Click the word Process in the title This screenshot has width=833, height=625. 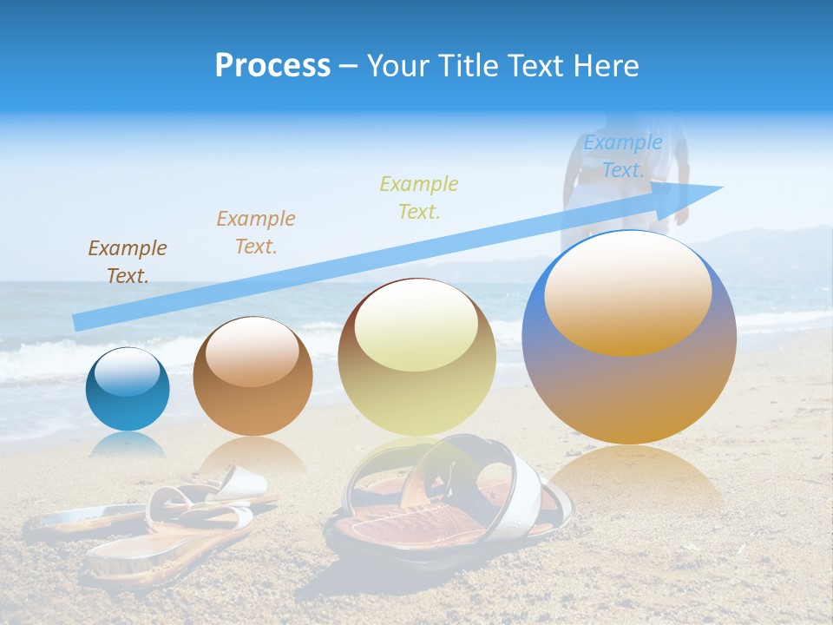(272, 66)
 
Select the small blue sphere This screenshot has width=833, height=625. (128, 390)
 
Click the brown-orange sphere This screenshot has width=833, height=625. (253, 377)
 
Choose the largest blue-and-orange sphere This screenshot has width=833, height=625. (629, 338)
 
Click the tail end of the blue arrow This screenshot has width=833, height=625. (76, 323)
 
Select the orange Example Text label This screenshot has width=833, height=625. (256, 233)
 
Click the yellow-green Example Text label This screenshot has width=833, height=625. (419, 197)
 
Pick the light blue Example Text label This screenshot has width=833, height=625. (622, 156)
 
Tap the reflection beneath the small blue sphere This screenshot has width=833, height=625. (128, 444)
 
